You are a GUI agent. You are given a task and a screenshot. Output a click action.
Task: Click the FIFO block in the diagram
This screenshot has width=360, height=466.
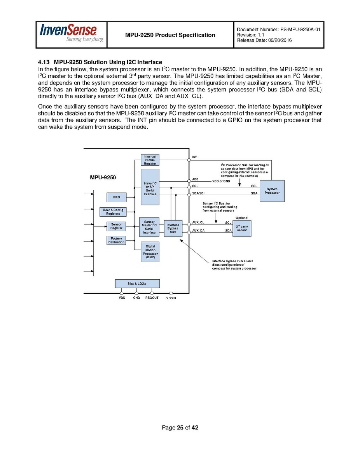pos(117,198)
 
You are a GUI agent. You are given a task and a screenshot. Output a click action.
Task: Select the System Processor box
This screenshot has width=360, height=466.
pos(272,191)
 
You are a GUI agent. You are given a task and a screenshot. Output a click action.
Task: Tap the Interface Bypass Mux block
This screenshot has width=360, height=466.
pos(173,228)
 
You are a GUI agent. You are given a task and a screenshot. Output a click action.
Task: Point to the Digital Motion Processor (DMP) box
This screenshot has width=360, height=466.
pos(150,252)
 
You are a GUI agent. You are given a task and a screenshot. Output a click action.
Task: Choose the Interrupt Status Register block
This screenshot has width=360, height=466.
pos(150,160)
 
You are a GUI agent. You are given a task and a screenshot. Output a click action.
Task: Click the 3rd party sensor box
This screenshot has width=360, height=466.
pos(242,228)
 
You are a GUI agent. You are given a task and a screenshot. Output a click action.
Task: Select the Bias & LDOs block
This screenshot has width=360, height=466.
pos(137,284)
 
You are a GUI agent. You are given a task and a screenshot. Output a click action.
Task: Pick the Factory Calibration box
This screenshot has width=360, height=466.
pos(116,240)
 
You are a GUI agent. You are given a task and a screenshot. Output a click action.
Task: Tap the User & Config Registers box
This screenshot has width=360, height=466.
pos(113,212)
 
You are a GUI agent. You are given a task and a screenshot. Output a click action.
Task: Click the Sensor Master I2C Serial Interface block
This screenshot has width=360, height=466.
pos(149,227)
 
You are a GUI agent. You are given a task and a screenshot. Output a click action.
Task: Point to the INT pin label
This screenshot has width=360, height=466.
pos(195,157)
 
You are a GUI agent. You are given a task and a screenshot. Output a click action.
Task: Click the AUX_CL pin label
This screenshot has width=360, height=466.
pos(198,222)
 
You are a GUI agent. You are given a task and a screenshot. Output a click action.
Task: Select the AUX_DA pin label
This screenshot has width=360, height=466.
pos(198,231)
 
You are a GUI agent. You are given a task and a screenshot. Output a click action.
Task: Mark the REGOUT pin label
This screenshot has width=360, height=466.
pos(152,298)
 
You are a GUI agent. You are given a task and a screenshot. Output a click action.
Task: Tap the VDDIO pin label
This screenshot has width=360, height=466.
pos(171,298)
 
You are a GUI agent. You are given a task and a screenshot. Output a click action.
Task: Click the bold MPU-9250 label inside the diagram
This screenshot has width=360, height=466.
pos(103,178)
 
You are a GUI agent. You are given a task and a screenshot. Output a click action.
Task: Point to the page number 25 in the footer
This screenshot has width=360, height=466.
pos(180,428)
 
